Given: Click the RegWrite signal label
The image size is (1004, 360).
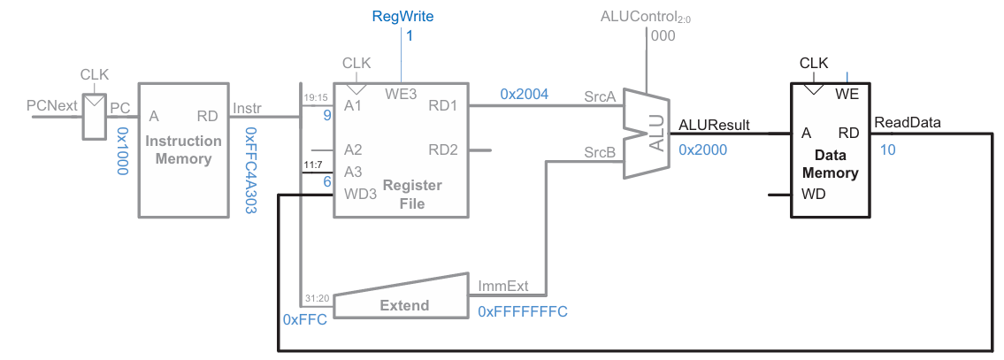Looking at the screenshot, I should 402,16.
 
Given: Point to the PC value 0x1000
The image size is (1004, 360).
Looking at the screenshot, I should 123,149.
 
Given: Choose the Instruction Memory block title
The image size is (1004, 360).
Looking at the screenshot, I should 183,149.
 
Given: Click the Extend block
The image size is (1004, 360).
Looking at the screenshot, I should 403,305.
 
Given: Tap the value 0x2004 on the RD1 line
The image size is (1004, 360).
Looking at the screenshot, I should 524,94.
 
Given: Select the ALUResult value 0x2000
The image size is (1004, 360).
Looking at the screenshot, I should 702,150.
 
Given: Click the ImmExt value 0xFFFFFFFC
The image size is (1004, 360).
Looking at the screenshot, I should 523,311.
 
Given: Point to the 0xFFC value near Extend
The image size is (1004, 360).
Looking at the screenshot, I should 305,318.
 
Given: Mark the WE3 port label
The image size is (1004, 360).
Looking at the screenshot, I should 401,93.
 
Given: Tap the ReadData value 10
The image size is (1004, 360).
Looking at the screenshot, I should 887,149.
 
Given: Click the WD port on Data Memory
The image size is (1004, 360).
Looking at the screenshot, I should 813,194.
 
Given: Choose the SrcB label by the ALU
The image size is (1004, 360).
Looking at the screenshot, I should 599,152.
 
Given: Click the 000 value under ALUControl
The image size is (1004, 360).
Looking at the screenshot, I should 663,36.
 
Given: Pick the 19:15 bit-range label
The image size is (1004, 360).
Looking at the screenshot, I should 315,97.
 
